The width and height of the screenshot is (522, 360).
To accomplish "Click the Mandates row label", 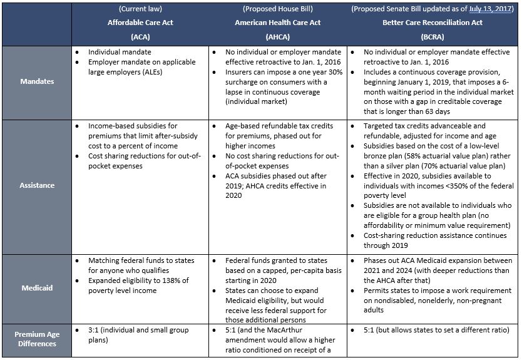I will [36, 81].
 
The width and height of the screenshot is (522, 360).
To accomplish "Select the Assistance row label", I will [36, 185].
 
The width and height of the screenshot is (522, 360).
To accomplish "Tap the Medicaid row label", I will [36, 289].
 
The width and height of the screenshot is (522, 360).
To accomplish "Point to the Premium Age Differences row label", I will [36, 339].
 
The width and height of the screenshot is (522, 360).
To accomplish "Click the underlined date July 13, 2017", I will [487, 9].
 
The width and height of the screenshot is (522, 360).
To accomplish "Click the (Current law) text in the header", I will [142, 9].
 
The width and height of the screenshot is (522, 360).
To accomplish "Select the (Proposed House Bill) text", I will [277, 9].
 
